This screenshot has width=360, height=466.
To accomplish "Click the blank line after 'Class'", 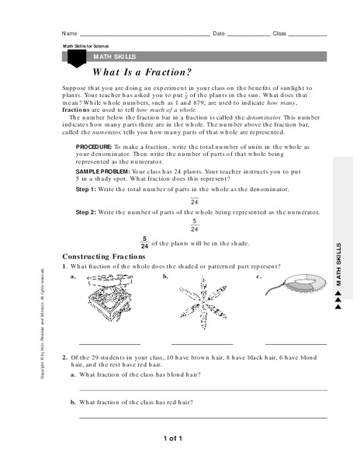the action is point(308,36).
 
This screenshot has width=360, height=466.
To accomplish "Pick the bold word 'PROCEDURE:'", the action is point(95,146).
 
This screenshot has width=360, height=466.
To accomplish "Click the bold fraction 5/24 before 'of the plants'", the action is point(144,242).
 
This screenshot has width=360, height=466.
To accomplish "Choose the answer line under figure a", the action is point(110,343).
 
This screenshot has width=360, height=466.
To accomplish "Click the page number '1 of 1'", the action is point(172,440).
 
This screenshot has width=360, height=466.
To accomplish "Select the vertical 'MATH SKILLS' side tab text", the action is point(339,264).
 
